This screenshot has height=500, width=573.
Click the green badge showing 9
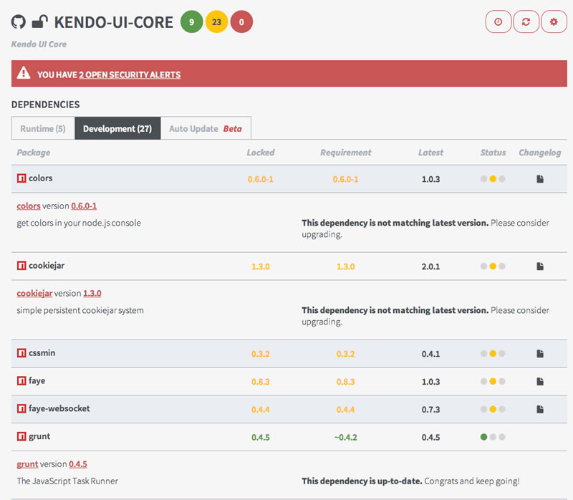[191, 22]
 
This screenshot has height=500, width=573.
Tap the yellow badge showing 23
[216, 22]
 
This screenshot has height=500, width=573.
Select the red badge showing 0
[241, 22]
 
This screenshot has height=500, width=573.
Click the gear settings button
[554, 22]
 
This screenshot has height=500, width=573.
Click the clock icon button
[498, 22]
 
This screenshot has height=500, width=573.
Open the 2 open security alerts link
[130, 74]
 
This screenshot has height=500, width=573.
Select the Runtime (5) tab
[43, 128]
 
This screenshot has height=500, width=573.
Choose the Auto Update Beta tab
[206, 128]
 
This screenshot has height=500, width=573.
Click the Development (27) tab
[117, 128]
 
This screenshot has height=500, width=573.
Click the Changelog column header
[540, 153]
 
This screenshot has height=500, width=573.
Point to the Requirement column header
[346, 153]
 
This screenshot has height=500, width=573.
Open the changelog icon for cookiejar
[540, 266]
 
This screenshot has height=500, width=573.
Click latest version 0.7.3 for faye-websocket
[431, 409]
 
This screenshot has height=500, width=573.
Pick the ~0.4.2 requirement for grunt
[346, 437]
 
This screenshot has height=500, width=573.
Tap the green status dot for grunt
[484, 437]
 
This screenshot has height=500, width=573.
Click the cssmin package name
[42, 352]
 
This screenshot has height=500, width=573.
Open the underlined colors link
[29, 206]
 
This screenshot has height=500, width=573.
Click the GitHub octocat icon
[19, 21]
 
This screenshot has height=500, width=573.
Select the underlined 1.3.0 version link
[92, 293]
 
